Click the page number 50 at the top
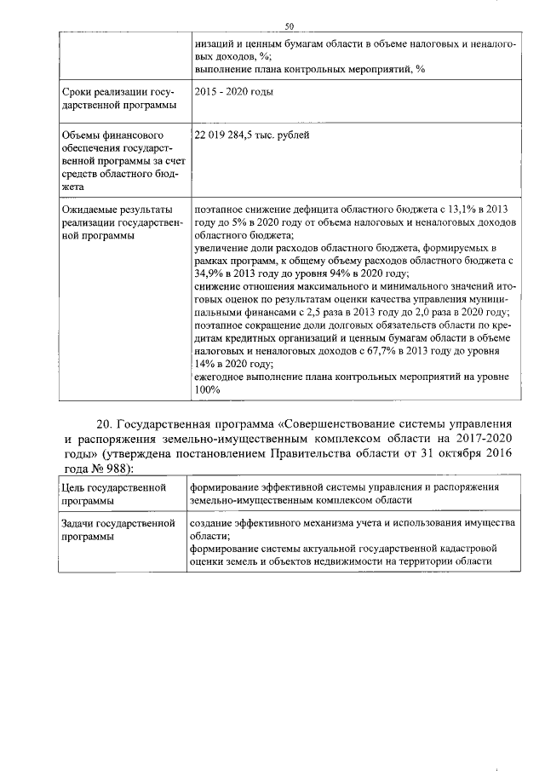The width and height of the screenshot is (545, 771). click(x=289, y=26)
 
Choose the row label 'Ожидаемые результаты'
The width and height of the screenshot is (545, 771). click(x=117, y=209)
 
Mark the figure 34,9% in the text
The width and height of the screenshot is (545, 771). click(x=209, y=273)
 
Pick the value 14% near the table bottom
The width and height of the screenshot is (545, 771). click(x=205, y=363)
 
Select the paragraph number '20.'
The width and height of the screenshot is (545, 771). click(x=105, y=423)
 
